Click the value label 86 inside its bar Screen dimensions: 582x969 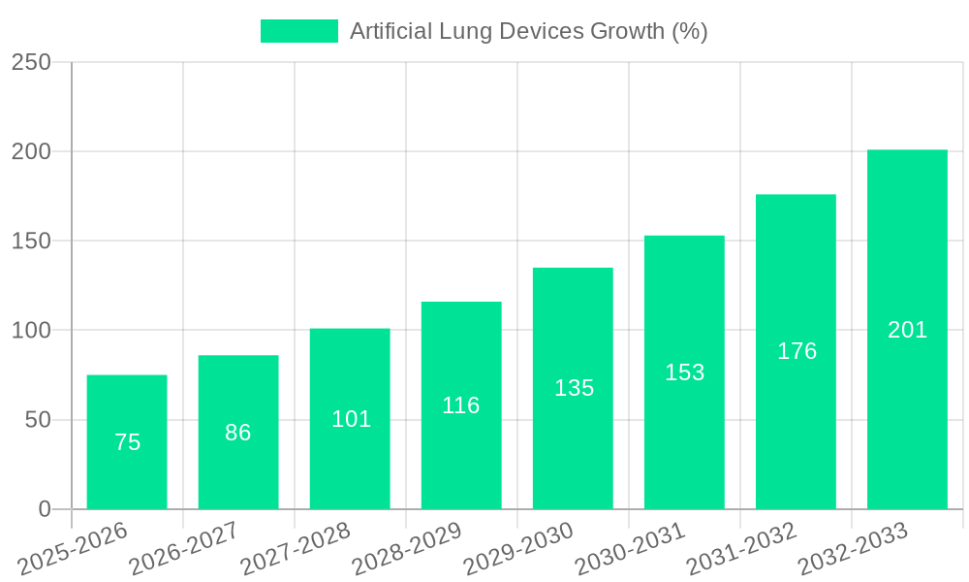coord(238,433)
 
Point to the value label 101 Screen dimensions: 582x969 coord(351,419)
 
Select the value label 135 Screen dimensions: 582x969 coord(574,388)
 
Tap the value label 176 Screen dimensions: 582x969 coord(797,351)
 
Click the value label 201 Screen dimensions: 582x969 coord(907,330)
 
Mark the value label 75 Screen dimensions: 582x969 coord(127,442)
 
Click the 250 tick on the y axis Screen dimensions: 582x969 coord(31,62)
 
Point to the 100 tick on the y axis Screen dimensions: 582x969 coord(31,331)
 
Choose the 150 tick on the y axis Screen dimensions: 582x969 coord(31,241)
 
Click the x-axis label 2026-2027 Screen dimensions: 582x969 coord(185,548)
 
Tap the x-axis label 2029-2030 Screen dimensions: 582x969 coord(519,548)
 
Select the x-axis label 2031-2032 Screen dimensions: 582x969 coord(742,548)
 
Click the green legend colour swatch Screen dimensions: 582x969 coord(299,31)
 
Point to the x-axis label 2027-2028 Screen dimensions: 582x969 coord(297,548)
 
